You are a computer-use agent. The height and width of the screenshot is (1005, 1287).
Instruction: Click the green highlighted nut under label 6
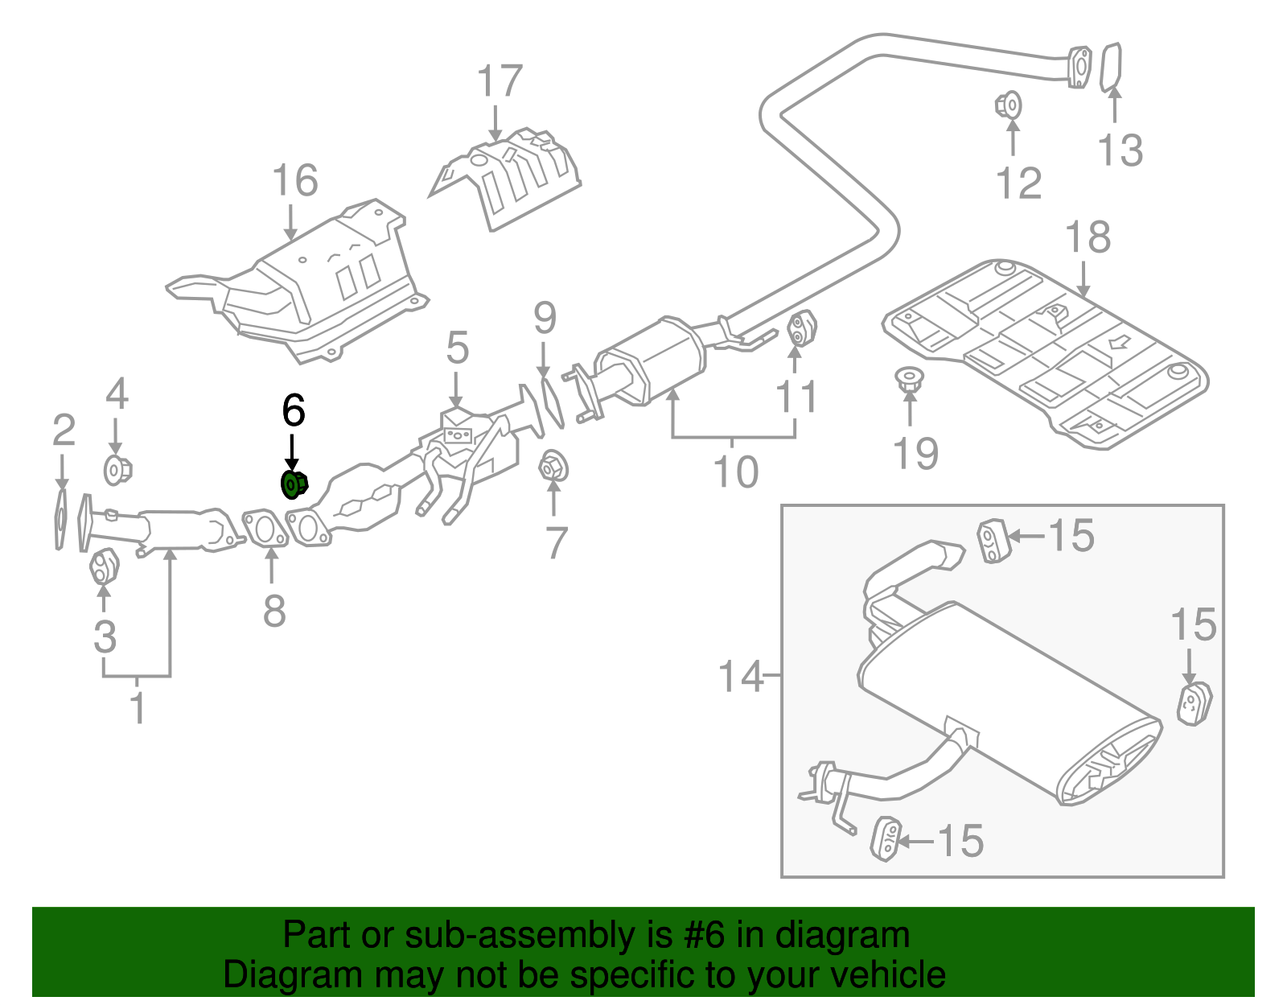click(x=294, y=485)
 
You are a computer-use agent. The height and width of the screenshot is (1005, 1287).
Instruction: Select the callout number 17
click(x=500, y=82)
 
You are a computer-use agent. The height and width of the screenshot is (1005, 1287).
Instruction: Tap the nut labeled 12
click(x=1009, y=105)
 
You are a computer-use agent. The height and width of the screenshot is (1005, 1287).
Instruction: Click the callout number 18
click(x=1088, y=238)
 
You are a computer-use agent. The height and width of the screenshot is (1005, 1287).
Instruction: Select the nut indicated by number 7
click(x=553, y=467)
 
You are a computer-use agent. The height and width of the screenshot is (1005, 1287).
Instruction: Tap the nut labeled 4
click(x=117, y=469)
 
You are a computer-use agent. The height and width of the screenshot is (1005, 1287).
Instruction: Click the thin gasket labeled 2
click(x=60, y=518)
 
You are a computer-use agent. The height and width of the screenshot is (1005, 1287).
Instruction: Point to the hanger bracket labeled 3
click(x=103, y=566)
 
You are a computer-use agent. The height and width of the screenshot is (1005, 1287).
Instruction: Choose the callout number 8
click(x=274, y=612)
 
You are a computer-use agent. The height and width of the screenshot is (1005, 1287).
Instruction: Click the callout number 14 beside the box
click(x=740, y=677)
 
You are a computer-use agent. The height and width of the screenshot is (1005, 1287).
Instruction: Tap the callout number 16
click(x=295, y=180)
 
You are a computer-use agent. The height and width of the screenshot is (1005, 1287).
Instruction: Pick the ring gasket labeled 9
click(x=551, y=402)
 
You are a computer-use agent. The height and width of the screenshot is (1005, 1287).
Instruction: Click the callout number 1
click(x=138, y=708)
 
